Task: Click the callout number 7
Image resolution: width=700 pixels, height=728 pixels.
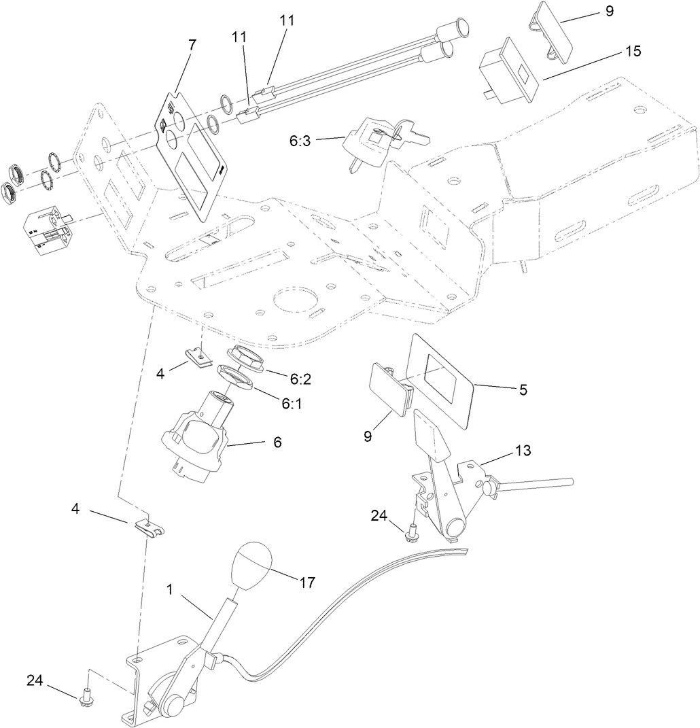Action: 192,44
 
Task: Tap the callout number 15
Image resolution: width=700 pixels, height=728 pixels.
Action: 632,51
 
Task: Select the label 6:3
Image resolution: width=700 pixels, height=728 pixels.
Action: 300,141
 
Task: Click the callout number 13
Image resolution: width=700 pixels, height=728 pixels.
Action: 524,450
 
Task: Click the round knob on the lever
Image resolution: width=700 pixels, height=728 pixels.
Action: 252,565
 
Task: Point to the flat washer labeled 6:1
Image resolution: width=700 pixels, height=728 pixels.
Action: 237,377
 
